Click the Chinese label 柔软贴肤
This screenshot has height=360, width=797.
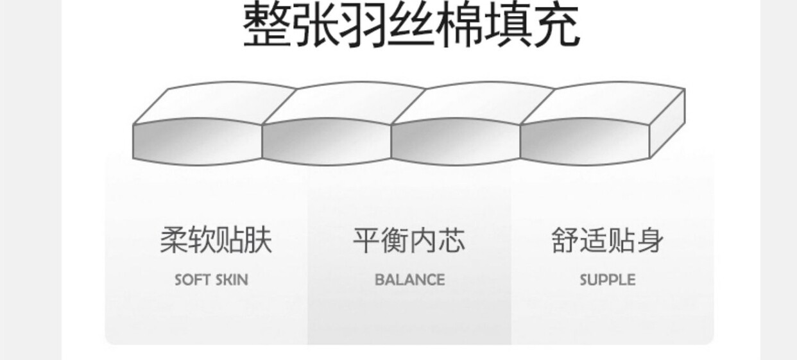pyautogui.click(x=216, y=240)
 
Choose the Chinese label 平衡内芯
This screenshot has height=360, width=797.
pyautogui.click(x=409, y=240)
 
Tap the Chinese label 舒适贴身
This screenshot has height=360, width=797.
pyautogui.click(x=607, y=240)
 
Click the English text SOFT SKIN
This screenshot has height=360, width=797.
pyautogui.click(x=211, y=280)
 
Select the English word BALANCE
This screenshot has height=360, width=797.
pyautogui.click(x=409, y=280)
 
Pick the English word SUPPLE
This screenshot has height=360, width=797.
pyautogui.click(x=607, y=280)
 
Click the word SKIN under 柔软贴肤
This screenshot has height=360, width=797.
pyautogui.click(x=230, y=280)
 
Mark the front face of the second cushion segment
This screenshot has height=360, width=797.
pyautogui.click(x=327, y=141)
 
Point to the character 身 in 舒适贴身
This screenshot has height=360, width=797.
pyautogui.click(x=650, y=240)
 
